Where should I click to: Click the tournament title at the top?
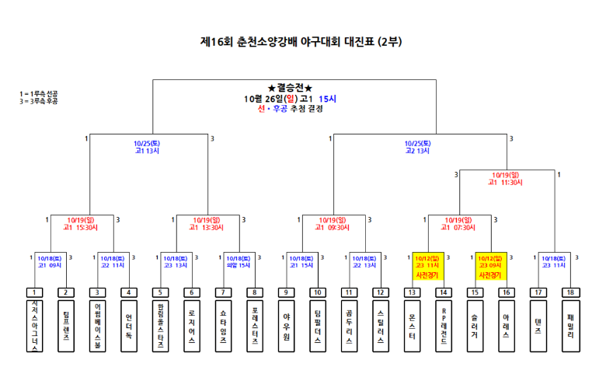coord(301,42)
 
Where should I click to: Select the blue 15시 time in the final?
coord(327,99)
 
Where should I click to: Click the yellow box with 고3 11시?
coord(427,265)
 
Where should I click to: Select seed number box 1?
coord(34,292)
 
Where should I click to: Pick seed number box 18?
coord(570,292)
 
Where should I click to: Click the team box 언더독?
coord(129,324)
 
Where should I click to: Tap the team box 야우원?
coord(287,324)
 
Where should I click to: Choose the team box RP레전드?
coord(444,324)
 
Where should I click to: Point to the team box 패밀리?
coord(570,324)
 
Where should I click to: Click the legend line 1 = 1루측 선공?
coord(39,94)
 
